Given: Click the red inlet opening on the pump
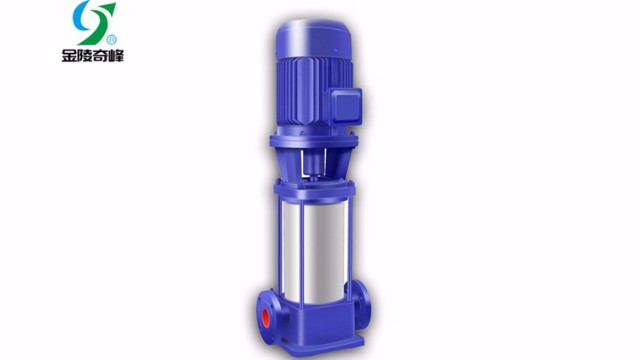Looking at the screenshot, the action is [266, 318].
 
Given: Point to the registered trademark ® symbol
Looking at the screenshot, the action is [111, 40].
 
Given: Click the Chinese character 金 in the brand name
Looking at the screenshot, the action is [69, 55].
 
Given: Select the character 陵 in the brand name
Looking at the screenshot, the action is [84, 55].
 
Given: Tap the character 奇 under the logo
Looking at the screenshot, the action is [100, 55].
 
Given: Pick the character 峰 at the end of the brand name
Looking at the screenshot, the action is [116, 55].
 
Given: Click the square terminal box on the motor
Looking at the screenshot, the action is [346, 106].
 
